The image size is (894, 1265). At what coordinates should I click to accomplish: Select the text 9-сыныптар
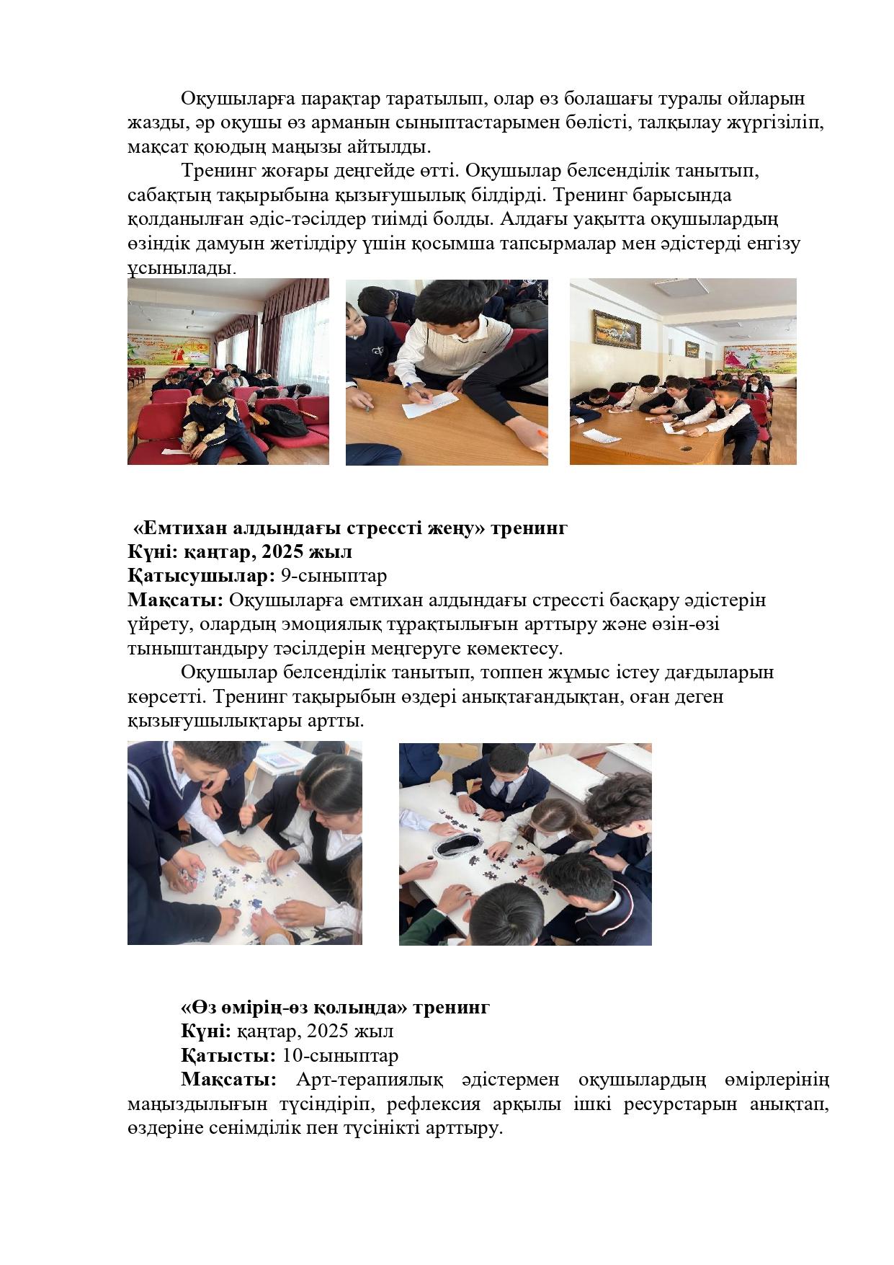[x=334, y=576]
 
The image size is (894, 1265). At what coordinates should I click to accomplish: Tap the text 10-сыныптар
[x=340, y=1056]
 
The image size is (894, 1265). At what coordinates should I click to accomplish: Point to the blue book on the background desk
[x=277, y=760]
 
